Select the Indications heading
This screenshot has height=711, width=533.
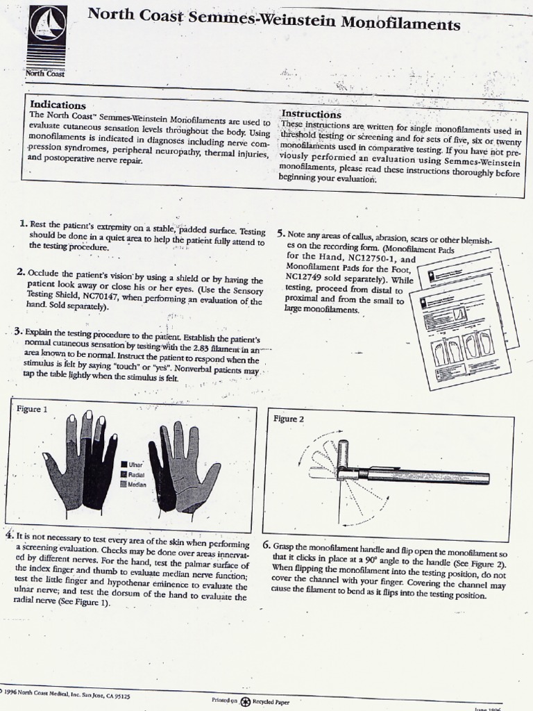coord(58,105)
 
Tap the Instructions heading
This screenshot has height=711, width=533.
coord(311,114)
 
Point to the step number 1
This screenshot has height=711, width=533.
coord(24,224)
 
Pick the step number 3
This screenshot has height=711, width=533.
coord(18,331)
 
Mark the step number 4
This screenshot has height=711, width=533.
coord(9,535)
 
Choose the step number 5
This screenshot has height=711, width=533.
coord(280,234)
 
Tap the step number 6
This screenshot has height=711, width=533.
coord(266,545)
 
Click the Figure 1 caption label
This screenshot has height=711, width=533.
coord(31,409)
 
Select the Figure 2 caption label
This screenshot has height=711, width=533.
coord(289,419)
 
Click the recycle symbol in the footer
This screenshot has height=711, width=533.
coord(245,701)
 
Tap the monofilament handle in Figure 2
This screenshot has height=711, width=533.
coord(423,476)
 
